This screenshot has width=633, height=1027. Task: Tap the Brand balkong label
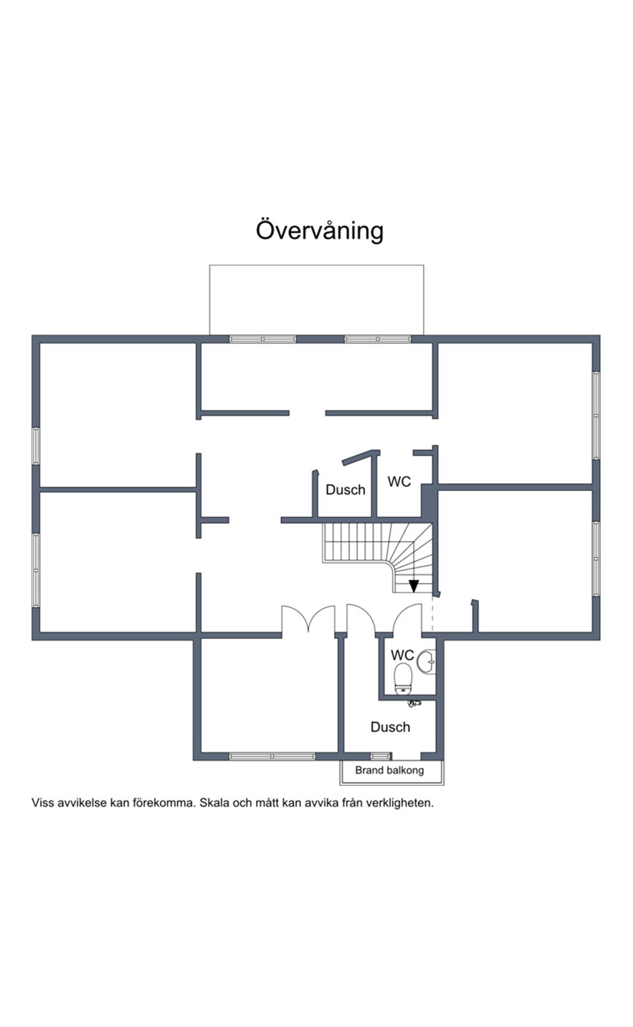(389, 770)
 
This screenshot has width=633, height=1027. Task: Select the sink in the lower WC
(426, 662)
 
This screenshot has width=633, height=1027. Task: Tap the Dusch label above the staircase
(345, 490)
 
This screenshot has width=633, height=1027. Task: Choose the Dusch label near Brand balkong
(390, 727)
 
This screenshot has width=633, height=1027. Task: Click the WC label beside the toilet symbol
(402, 655)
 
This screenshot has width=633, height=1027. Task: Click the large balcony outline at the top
(316, 265)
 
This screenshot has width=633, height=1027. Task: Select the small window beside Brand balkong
(380, 756)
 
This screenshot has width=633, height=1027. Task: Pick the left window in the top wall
(263, 339)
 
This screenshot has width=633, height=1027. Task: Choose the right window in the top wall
(378, 339)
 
